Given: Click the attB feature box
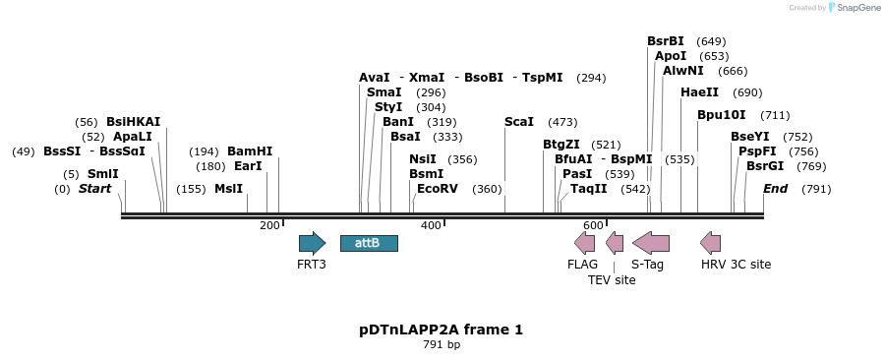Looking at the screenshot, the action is click(369, 243).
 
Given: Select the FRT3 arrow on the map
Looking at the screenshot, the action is click(312, 243).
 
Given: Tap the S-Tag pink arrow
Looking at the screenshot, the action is click(651, 243).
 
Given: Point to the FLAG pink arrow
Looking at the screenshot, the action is click(584, 243).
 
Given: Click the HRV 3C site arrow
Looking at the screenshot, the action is click(710, 243).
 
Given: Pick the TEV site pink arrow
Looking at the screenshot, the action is click(615, 243).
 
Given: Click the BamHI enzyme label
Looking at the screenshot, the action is click(250, 151).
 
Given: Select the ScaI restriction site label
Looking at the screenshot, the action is click(518, 122).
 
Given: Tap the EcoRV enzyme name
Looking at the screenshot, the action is click(438, 189).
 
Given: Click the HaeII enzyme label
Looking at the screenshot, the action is click(699, 92).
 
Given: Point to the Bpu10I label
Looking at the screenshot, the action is click(722, 115).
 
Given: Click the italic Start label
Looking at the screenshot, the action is click(94, 189).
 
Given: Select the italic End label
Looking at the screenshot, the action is click(775, 189).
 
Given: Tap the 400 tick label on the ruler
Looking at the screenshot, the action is click(431, 225).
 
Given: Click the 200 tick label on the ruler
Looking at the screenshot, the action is click(269, 225).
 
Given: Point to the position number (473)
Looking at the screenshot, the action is click(562, 122).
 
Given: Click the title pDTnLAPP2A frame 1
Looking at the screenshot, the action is click(441, 330).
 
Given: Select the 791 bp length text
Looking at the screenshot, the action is click(442, 344).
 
